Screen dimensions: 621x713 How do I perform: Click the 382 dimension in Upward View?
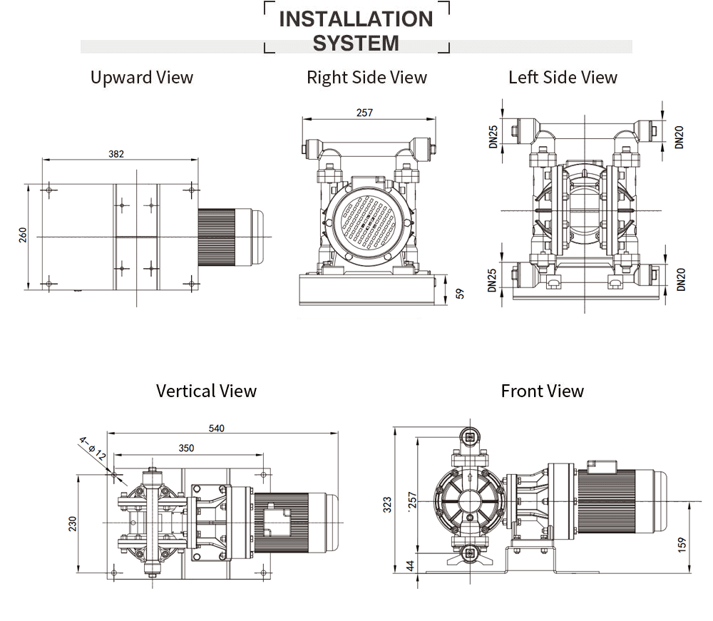(x=116, y=153)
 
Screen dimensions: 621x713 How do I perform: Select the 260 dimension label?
(x=22, y=235)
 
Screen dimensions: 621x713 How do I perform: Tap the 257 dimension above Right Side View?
(x=364, y=113)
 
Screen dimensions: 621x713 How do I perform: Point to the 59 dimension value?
(x=460, y=292)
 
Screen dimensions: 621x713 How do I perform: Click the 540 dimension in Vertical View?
(x=217, y=428)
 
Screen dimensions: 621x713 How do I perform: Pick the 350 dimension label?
(x=186, y=448)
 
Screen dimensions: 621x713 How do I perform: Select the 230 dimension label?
(x=72, y=524)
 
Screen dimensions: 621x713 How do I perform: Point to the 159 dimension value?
(x=682, y=543)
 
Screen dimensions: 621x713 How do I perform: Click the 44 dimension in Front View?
(x=409, y=565)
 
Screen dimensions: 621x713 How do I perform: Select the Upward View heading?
(x=142, y=77)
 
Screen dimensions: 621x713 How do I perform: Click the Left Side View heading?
(x=563, y=77)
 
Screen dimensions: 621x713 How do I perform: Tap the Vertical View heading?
(x=206, y=391)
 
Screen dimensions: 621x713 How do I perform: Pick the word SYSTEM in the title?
(x=356, y=43)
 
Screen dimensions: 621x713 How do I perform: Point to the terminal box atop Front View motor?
(x=601, y=466)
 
